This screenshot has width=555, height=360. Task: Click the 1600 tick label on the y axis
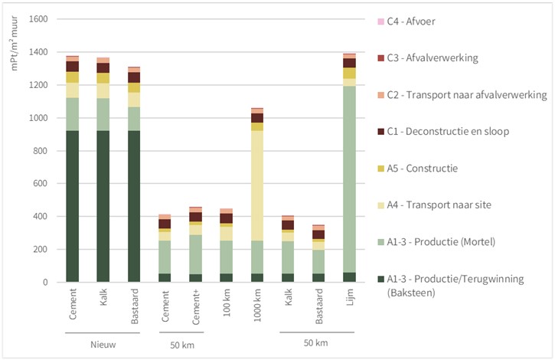(38, 19)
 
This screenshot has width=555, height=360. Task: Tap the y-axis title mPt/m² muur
(14, 43)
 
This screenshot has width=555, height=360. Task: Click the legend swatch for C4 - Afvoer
(381, 21)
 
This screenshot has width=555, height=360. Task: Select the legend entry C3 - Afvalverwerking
(428, 58)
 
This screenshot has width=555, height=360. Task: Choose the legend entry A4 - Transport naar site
(434, 205)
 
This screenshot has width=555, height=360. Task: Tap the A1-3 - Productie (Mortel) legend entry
(436, 242)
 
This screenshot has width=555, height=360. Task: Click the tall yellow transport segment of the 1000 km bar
(257, 185)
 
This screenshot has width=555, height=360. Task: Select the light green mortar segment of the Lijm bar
(349, 179)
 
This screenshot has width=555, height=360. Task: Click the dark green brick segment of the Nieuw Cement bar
(73, 206)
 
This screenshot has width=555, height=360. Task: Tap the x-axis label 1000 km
(257, 305)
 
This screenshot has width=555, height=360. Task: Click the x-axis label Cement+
(196, 307)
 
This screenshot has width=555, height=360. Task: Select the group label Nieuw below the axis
(103, 345)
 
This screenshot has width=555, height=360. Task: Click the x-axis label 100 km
(227, 303)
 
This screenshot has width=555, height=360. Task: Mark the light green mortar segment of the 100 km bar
(227, 257)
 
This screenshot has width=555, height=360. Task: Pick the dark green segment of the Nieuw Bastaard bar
(134, 206)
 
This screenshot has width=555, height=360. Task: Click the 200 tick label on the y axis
(41, 250)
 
